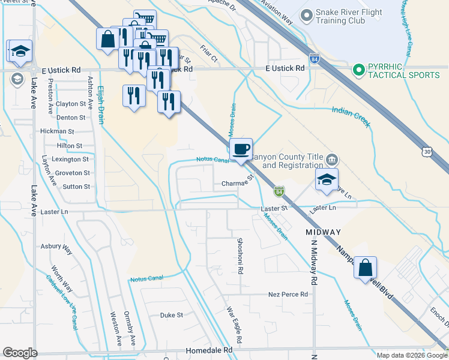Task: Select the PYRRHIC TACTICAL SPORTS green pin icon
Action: click(360, 70)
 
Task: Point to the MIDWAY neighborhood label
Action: click(323, 232)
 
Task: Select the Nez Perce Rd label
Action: click(288, 295)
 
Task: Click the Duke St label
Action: click(170, 314)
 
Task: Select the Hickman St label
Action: click(56, 131)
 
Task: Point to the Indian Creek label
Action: click(351, 117)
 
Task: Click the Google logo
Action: click(20, 353)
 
